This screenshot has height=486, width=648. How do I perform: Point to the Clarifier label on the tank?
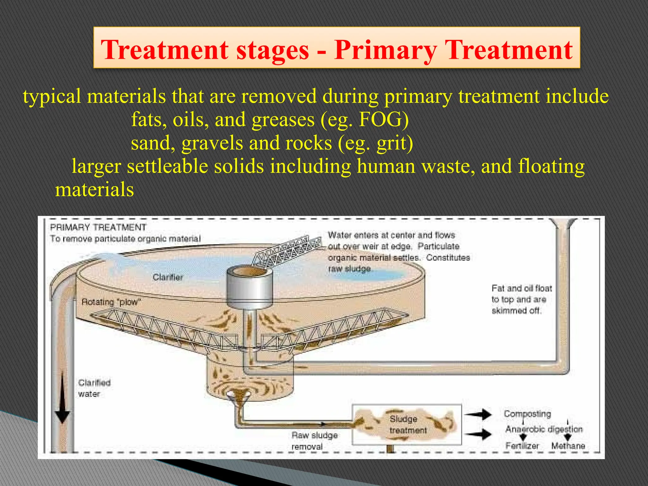[x=168, y=277]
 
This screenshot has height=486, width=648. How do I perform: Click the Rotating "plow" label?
[x=111, y=302]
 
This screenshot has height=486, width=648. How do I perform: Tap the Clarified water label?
[x=94, y=388]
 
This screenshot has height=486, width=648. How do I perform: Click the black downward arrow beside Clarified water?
[x=63, y=399]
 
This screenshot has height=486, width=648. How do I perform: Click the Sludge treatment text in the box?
[x=408, y=425]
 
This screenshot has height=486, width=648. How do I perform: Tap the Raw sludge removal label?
[x=314, y=441]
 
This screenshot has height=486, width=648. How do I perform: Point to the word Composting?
[x=527, y=414]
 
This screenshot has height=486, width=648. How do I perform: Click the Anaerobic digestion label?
[x=544, y=429]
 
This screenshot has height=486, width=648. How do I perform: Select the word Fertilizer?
[x=522, y=446]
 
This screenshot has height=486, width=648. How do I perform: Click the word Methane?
[x=568, y=446]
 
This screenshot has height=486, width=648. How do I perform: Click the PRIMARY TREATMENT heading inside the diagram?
[x=98, y=227]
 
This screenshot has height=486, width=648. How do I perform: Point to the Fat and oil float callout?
[x=521, y=299]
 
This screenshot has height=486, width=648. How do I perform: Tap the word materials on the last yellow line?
[x=94, y=190]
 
